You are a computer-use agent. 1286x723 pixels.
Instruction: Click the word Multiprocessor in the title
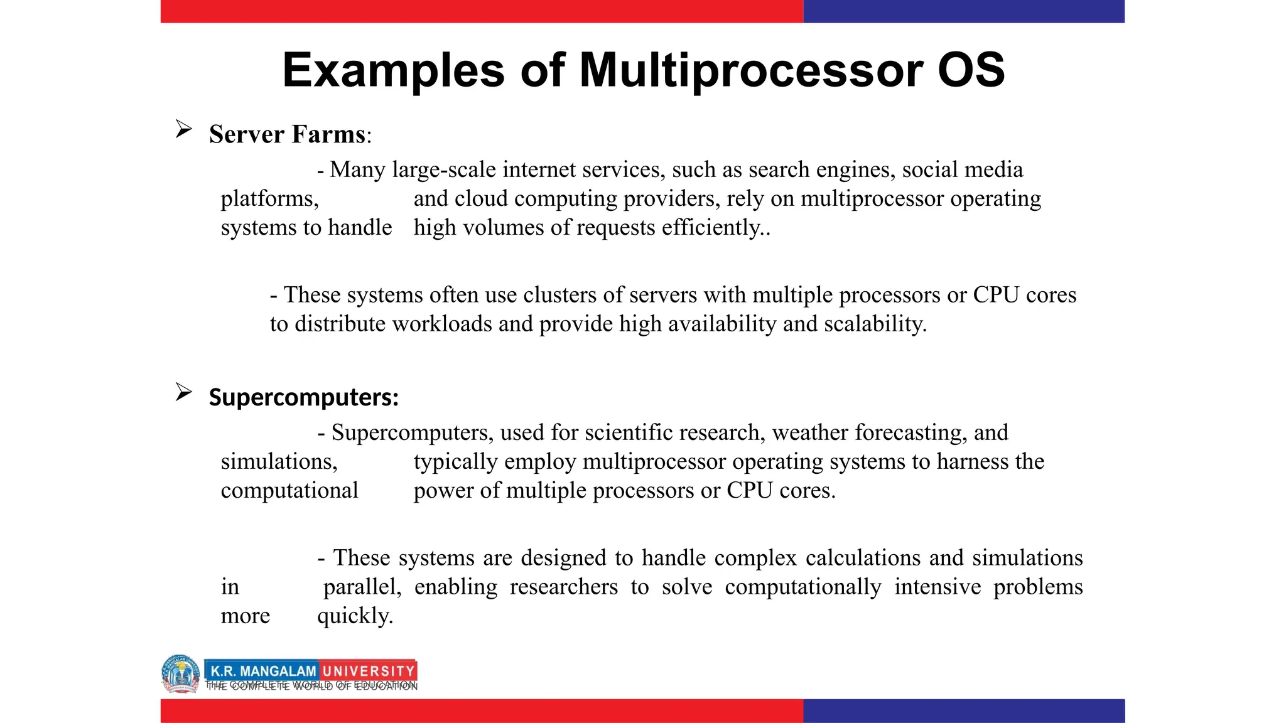(751, 70)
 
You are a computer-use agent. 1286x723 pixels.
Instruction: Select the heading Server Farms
(288, 134)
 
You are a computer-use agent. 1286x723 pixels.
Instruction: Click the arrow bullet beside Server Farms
(183, 129)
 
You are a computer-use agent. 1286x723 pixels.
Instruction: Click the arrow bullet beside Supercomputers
(183, 392)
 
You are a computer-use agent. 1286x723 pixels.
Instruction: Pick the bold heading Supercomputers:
(304, 397)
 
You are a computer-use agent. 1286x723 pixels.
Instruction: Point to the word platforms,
(270, 199)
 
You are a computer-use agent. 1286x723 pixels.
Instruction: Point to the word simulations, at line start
(279, 462)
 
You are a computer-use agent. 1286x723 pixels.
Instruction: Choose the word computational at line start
(289, 491)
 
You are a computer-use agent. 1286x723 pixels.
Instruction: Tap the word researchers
(563, 587)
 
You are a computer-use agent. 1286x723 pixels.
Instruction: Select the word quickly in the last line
(354, 616)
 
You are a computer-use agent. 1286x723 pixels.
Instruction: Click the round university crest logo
(181, 674)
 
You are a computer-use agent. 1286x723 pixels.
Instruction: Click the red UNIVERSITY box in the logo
(368, 671)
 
